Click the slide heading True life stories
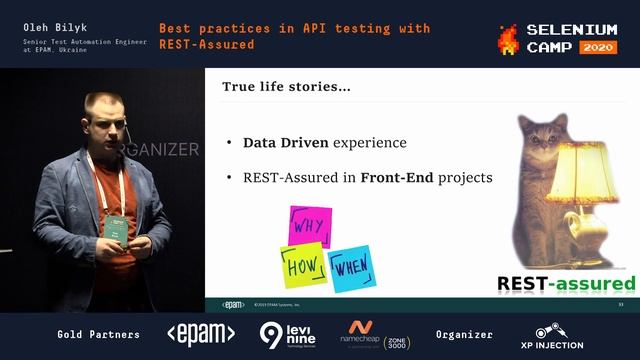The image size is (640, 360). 286,88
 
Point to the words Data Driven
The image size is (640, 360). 280,143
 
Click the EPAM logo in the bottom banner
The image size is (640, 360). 201,334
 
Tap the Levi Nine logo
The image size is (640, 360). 288,334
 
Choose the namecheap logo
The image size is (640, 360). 361,333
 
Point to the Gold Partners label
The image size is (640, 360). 99,334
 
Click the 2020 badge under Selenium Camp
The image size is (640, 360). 597,47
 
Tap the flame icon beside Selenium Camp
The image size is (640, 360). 508,38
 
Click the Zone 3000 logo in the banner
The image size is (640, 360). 397,340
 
